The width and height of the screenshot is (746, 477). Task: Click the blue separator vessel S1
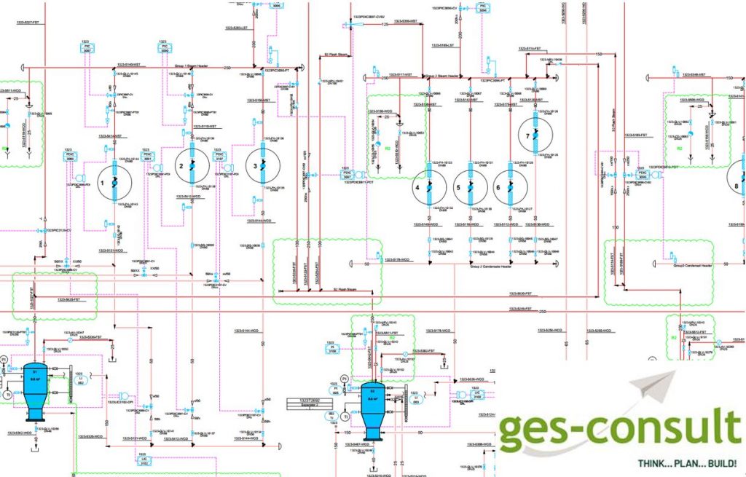[x=34, y=387]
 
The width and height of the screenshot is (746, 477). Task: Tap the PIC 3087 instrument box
[x=86, y=47]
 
